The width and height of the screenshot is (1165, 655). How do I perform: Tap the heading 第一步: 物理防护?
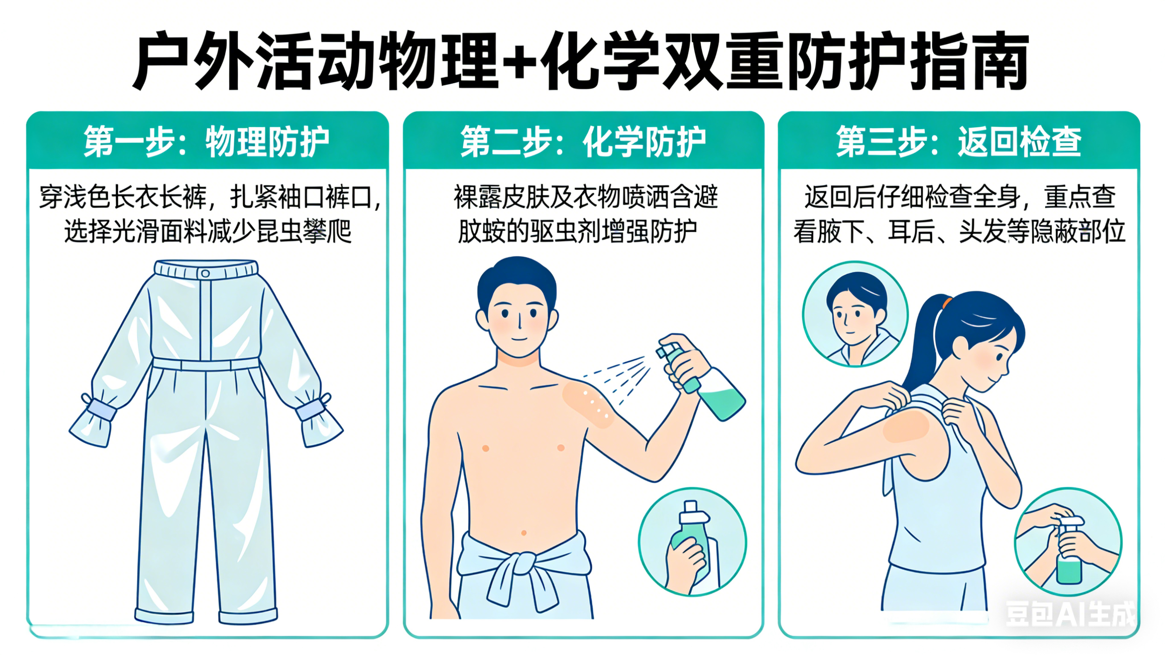[206, 142]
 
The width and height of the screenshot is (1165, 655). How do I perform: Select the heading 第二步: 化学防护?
[583, 142]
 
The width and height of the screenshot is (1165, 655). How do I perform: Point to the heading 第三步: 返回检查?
[958, 142]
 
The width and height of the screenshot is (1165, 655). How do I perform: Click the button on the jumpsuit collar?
[205, 273]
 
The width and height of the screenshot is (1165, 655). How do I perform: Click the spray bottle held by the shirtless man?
[701, 377]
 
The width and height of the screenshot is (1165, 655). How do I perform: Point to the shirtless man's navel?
[524, 533]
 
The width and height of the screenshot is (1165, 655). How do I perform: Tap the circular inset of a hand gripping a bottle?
[692, 541]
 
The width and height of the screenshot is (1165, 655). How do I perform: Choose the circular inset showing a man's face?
[855, 314]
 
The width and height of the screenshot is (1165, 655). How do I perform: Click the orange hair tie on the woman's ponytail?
[946, 302]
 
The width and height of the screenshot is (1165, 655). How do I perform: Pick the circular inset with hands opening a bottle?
[1068, 541]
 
